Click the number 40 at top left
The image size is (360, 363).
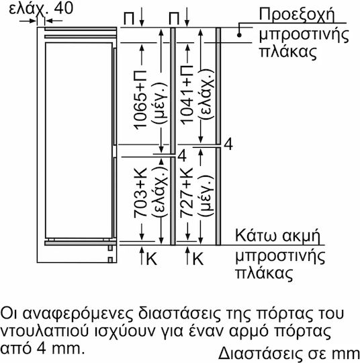63,8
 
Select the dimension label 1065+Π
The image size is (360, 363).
140,99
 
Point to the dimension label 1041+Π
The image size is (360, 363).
187,95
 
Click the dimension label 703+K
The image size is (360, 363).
140,193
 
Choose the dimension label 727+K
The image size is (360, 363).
187,193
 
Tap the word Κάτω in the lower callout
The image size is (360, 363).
256,235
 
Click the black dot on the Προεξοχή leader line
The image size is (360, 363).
239,35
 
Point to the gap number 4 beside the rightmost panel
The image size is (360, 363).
228,144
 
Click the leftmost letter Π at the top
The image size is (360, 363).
129,18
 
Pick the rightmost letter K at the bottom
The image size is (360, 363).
198,258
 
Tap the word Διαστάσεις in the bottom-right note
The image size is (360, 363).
261,354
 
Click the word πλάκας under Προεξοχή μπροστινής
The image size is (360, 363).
287,52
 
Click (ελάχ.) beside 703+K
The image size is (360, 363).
160,192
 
